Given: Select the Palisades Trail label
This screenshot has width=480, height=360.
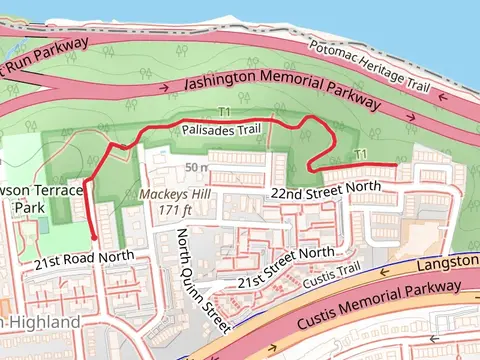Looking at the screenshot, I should [x=222, y=130].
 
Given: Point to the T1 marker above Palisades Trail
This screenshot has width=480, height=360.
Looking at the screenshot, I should [x=223, y=113].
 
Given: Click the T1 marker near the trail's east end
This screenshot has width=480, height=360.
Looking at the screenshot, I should [x=360, y=153].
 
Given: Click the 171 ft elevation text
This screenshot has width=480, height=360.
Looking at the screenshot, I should [x=174, y=210].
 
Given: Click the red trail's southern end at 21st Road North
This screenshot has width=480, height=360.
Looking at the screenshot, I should [x=95, y=238].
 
